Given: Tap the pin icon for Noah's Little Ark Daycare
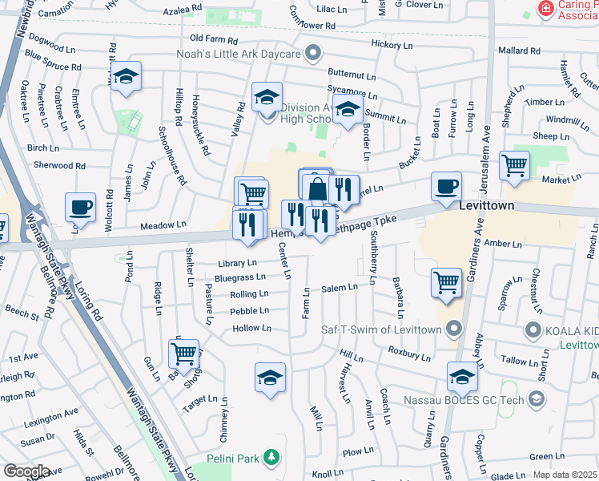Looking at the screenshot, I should click(312, 54).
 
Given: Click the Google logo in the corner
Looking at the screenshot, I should click(26, 471).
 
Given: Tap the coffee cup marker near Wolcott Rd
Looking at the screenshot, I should click(80, 208).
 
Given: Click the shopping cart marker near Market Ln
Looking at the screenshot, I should click(515, 166).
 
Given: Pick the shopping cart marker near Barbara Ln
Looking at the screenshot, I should click(446, 282).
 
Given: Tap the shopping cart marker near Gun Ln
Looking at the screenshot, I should click(183, 353).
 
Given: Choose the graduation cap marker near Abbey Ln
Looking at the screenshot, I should click(462, 376).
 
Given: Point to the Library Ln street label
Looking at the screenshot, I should click(237, 263).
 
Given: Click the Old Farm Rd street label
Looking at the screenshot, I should click(215, 38).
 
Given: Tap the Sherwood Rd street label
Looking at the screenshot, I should click(59, 165).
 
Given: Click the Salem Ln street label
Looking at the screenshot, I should click(340, 288).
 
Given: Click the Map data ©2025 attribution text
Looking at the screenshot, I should click(565, 475).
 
